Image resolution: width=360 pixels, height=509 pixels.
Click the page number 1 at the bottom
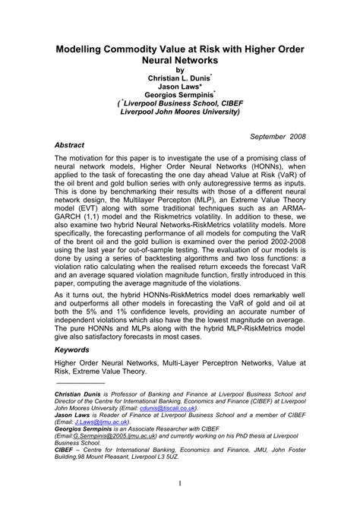click(x=180, y=483)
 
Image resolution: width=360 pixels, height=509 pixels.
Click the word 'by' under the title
click(x=180, y=67)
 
